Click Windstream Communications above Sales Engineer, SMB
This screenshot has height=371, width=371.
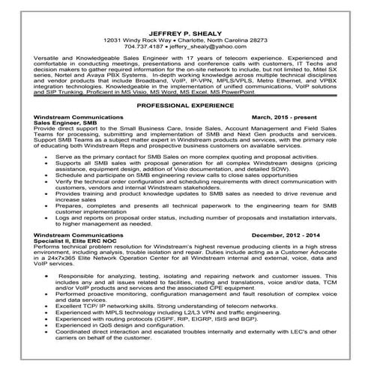point(80,118)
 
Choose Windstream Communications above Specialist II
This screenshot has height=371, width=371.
point(80,235)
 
